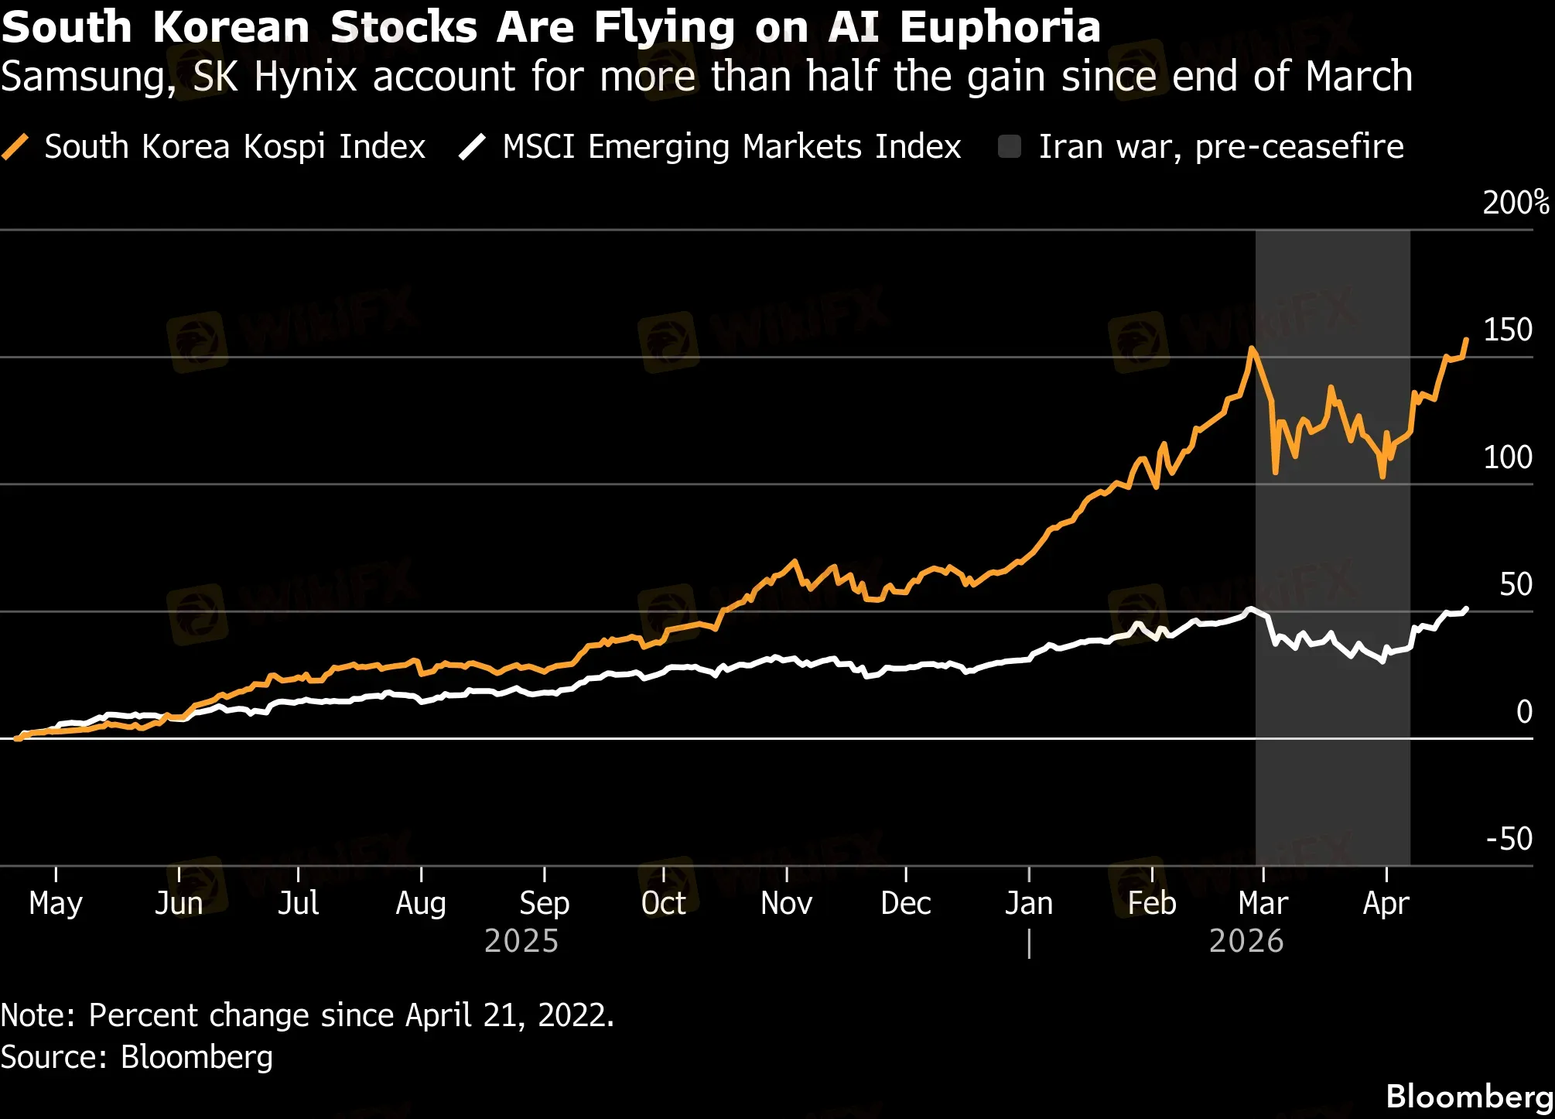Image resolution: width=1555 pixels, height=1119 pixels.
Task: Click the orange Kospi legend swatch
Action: point(15,146)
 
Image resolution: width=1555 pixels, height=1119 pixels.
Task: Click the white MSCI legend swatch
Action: point(472,146)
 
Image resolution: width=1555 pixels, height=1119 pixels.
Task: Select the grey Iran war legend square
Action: point(1010,146)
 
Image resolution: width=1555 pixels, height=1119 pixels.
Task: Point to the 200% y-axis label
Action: point(1516,203)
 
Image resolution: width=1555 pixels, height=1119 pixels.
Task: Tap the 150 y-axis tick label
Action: point(1507,330)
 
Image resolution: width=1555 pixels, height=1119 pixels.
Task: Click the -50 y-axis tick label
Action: point(1509,839)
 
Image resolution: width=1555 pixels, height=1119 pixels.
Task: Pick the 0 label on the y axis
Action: point(1524,712)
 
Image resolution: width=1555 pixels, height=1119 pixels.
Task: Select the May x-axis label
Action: point(56,903)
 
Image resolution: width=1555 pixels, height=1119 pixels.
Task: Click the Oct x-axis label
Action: point(664,903)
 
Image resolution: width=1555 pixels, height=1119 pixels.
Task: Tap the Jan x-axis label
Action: point(1029,903)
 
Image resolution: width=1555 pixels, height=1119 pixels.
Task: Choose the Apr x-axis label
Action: point(1386,903)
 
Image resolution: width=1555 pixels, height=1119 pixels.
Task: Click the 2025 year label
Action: point(521,941)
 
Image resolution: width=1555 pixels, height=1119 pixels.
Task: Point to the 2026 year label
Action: point(1246,941)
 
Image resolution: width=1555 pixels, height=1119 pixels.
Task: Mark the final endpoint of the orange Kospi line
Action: point(1466,340)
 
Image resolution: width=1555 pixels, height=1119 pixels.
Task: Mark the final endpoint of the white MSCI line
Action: point(1466,609)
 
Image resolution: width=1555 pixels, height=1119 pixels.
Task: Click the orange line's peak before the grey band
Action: point(1252,349)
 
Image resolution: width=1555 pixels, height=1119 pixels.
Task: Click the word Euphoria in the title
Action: point(1000,27)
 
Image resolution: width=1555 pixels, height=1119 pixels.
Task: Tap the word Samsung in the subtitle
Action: point(88,77)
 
